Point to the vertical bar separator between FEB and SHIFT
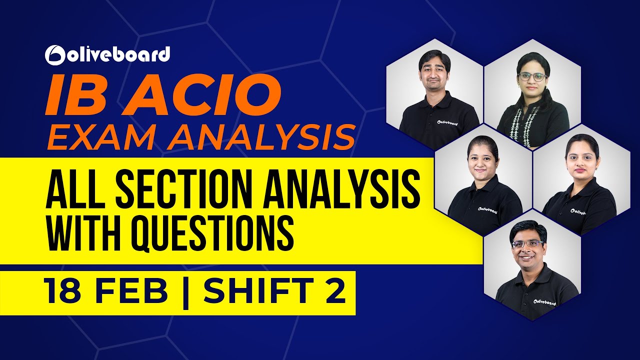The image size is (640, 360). coord(186,292)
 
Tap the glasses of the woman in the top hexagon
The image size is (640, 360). coord(532,76)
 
